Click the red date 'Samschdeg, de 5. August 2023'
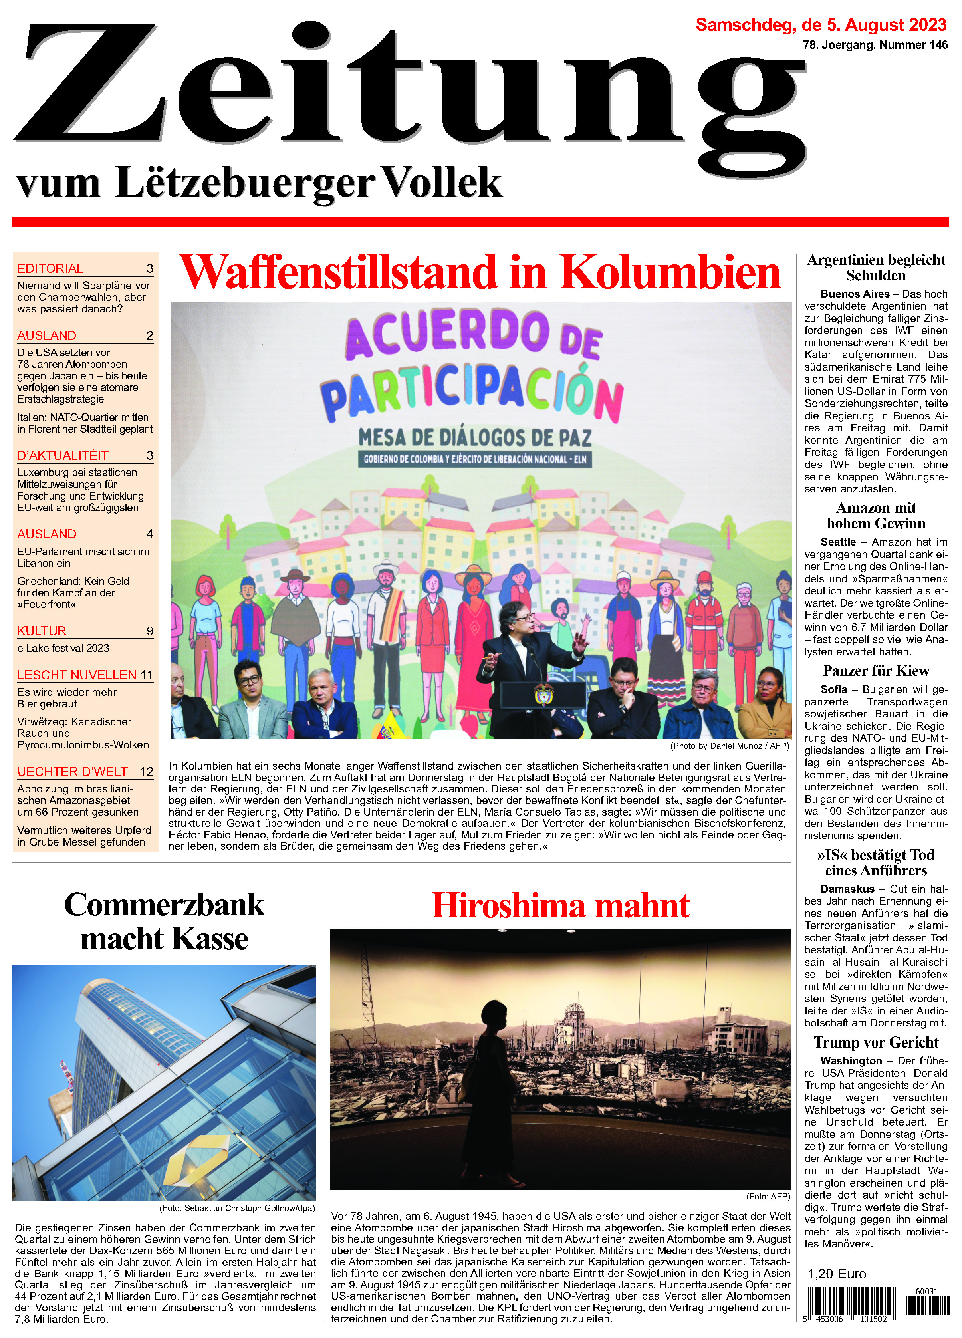pos(821,25)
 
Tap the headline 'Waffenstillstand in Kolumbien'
pos(480,272)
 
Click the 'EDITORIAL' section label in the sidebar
pos(50,268)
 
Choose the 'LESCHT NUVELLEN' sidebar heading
pos(77,675)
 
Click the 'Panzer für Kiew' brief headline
pos(875,671)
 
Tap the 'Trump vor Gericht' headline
pos(875,1042)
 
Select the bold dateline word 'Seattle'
pos(837,542)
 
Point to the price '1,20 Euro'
pos(836,1274)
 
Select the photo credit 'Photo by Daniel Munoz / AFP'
pos(729,746)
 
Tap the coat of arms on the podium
pos(543,695)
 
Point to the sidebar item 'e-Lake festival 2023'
pos(63,648)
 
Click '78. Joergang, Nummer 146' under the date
pos(875,45)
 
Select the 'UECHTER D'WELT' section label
pos(73,772)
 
